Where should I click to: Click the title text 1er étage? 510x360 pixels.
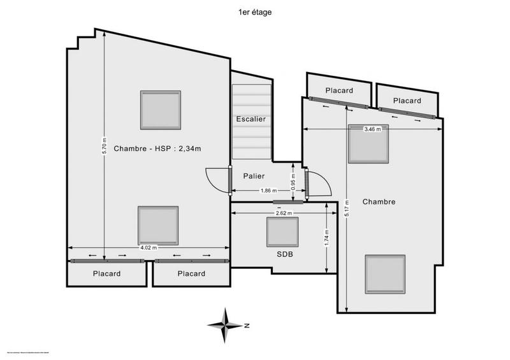click(x=254, y=11)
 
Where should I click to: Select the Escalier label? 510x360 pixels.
click(x=251, y=119)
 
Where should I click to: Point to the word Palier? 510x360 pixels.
click(x=254, y=176)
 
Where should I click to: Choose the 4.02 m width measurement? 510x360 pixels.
click(x=149, y=248)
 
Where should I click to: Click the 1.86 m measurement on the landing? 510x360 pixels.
click(x=268, y=191)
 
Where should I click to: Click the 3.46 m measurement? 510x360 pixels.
click(x=372, y=129)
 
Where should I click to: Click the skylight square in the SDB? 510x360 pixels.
click(x=282, y=232)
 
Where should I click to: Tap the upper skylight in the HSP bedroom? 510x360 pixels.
click(x=161, y=109)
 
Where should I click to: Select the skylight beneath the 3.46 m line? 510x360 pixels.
click(x=368, y=145)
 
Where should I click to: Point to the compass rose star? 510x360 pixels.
click(x=224, y=325)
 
